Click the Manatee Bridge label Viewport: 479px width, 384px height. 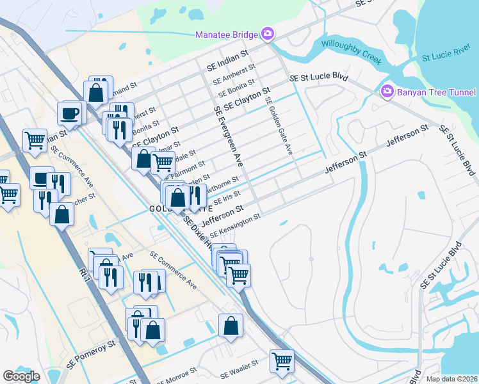pos(227,34)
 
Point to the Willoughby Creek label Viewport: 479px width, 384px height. pos(352,52)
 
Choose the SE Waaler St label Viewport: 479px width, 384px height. pos(238,367)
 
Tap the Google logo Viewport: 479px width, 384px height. pos(21,376)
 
